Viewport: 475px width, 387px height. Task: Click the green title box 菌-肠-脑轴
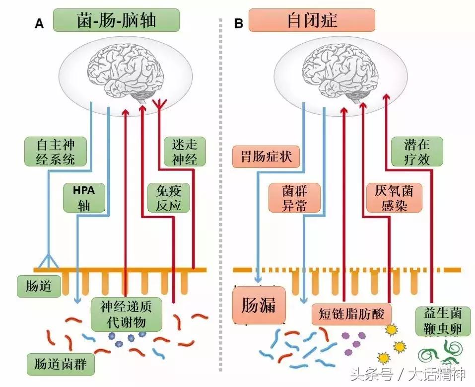point(117,20)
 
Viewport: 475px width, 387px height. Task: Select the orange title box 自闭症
point(312,20)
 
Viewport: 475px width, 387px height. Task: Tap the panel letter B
point(239,23)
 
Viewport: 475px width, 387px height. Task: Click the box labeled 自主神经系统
point(56,152)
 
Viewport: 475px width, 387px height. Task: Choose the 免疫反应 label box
point(169,198)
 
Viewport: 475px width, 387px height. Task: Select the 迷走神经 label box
point(185,152)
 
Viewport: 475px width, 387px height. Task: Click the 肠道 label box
point(38,287)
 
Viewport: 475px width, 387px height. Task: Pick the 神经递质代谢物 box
point(127,314)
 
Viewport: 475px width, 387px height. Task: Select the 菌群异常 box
point(294,198)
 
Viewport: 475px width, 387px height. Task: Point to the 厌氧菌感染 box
point(388,198)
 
